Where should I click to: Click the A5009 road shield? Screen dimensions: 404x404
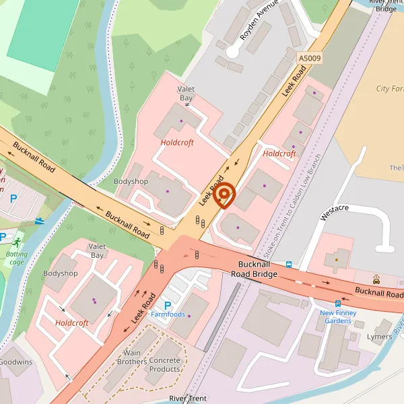click(x=310, y=59)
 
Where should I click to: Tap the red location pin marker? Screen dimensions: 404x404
click(x=224, y=195)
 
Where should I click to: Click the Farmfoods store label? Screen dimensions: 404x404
click(x=168, y=314)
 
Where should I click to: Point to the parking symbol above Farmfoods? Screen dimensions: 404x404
click(x=168, y=304)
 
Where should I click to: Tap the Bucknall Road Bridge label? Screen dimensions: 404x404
click(x=255, y=269)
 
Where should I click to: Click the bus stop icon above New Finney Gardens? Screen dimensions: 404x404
click(x=338, y=304)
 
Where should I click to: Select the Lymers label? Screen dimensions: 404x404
click(x=379, y=336)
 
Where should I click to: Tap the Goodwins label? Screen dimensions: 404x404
click(x=15, y=362)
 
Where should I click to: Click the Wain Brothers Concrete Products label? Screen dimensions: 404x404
click(x=152, y=365)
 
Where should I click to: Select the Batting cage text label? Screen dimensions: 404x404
click(x=16, y=258)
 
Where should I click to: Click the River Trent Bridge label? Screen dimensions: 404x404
click(x=386, y=5)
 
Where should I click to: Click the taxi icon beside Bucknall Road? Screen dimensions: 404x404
click(x=376, y=279)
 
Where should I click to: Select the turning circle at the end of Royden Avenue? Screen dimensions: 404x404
click(x=233, y=51)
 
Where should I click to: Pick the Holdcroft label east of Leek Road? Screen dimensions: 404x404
click(x=279, y=154)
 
